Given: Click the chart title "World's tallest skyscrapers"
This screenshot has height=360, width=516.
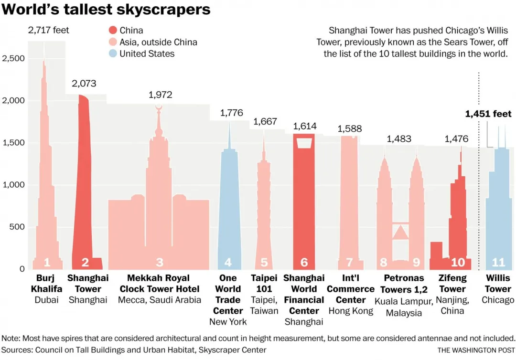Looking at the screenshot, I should pos(106,10).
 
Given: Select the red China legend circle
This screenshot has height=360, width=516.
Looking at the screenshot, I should pos(113,31).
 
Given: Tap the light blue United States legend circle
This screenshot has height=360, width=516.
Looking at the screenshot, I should pos(113,53).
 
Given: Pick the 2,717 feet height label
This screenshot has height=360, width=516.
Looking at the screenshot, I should pos(48,31).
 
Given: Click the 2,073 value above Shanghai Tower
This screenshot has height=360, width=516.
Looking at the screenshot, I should pos(84,84).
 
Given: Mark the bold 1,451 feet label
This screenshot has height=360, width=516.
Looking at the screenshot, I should pos(488,114).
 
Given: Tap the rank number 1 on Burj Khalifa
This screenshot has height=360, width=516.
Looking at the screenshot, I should pos(47,262).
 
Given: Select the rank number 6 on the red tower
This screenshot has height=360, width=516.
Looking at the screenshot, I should pos(304,262).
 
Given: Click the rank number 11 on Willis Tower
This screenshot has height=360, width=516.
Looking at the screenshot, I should pos(498,262).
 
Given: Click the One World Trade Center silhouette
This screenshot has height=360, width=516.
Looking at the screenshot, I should pos(229,201).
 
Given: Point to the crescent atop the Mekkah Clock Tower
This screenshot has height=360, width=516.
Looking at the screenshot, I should pos(159,107).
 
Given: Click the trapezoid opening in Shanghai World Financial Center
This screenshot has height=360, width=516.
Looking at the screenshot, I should pos(304,143).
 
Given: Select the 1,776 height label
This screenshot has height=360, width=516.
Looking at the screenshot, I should pos(231,113).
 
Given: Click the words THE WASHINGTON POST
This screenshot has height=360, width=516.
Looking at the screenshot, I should pos(476,350).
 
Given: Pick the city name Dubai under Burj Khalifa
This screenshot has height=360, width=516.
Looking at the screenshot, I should pos(46,300).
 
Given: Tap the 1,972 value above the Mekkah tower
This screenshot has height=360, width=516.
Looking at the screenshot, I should pos(161,95).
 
